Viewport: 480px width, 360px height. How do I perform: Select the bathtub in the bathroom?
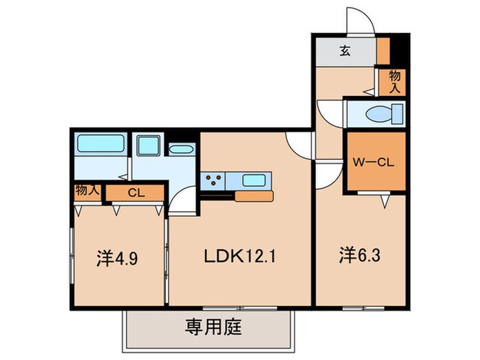point(99,144)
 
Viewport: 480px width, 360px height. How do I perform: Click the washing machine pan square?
point(147,145)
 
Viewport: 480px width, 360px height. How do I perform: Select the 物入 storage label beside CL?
point(86,190)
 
